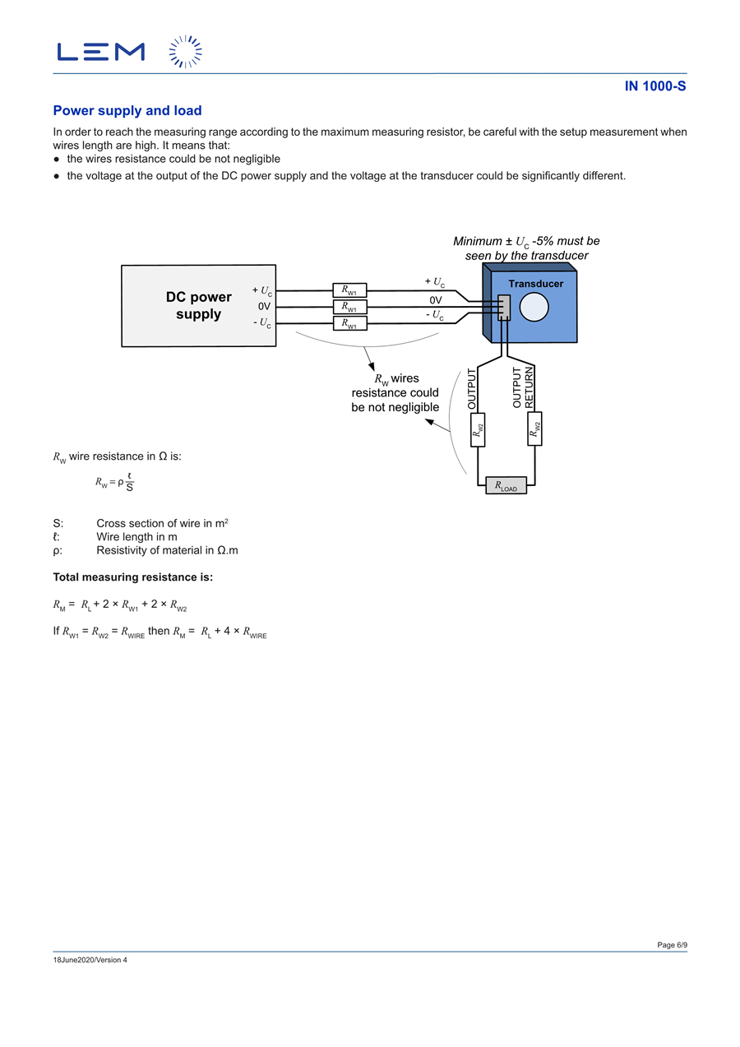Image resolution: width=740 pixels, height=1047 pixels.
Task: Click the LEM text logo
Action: tap(101, 52)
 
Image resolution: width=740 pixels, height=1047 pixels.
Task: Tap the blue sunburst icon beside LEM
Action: tap(186, 52)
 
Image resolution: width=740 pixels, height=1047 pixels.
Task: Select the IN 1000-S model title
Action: tap(655, 86)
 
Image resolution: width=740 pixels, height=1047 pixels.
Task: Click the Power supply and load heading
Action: tap(127, 110)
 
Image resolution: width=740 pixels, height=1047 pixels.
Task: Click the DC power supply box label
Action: tap(198, 305)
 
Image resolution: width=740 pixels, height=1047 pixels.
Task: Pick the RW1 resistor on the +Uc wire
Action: tap(349, 290)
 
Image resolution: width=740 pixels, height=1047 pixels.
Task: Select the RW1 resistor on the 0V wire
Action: tap(349, 307)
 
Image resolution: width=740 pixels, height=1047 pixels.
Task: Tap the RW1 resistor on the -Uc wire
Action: tap(349, 323)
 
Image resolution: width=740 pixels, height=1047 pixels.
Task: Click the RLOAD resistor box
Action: tap(506, 485)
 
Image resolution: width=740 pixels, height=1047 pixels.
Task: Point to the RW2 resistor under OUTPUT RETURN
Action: tap(534, 429)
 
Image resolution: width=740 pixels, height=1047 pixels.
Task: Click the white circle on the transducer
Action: tap(534, 307)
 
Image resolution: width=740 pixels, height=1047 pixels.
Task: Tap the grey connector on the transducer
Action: tap(503, 308)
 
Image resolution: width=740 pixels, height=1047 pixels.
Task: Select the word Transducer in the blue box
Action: tap(536, 284)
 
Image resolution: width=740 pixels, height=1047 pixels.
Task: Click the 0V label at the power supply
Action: tap(264, 306)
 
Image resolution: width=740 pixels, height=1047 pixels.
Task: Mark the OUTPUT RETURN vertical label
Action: tap(522, 387)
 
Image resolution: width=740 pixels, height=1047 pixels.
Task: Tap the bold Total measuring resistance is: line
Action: tap(132, 577)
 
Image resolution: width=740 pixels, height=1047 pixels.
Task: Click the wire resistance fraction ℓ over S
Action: tap(129, 482)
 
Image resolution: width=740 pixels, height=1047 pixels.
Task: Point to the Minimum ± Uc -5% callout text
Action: tap(526, 248)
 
